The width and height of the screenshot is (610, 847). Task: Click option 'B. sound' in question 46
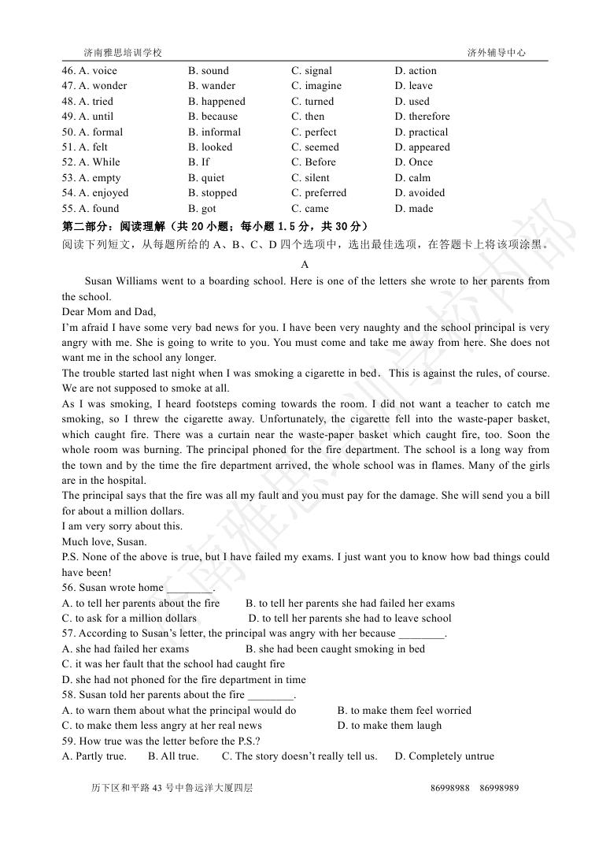tap(208, 71)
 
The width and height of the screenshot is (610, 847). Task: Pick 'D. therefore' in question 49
tap(422, 117)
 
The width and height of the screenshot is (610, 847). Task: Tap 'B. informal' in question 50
tap(214, 132)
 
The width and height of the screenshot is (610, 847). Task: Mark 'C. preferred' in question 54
tap(318, 193)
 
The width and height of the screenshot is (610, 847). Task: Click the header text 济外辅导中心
tap(496, 53)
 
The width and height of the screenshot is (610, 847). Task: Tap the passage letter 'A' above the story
tap(305, 266)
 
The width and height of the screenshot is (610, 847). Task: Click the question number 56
tap(68, 588)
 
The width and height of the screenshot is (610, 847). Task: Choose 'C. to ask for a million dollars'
tap(129, 619)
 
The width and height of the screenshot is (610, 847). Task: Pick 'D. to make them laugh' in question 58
tap(389, 726)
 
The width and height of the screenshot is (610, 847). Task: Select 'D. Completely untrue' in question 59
tap(444, 756)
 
